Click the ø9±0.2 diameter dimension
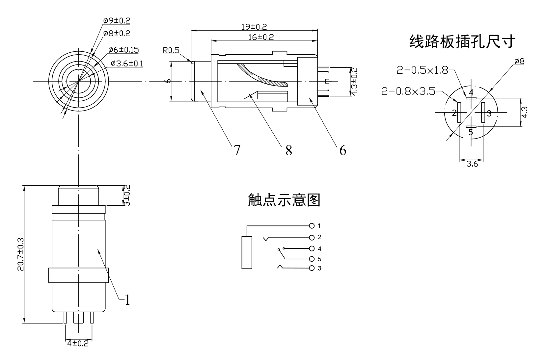click(117, 20)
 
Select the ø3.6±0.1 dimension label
click(127, 63)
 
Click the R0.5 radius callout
click(171, 50)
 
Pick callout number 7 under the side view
click(237, 150)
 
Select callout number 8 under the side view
click(288, 151)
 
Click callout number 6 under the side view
click(343, 150)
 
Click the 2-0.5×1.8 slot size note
click(422, 70)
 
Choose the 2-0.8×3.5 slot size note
click(408, 91)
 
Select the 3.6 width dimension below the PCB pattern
click(472, 164)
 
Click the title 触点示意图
click(284, 200)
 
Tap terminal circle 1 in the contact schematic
click(312, 226)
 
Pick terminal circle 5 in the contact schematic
click(312, 259)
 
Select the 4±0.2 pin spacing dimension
click(78, 344)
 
